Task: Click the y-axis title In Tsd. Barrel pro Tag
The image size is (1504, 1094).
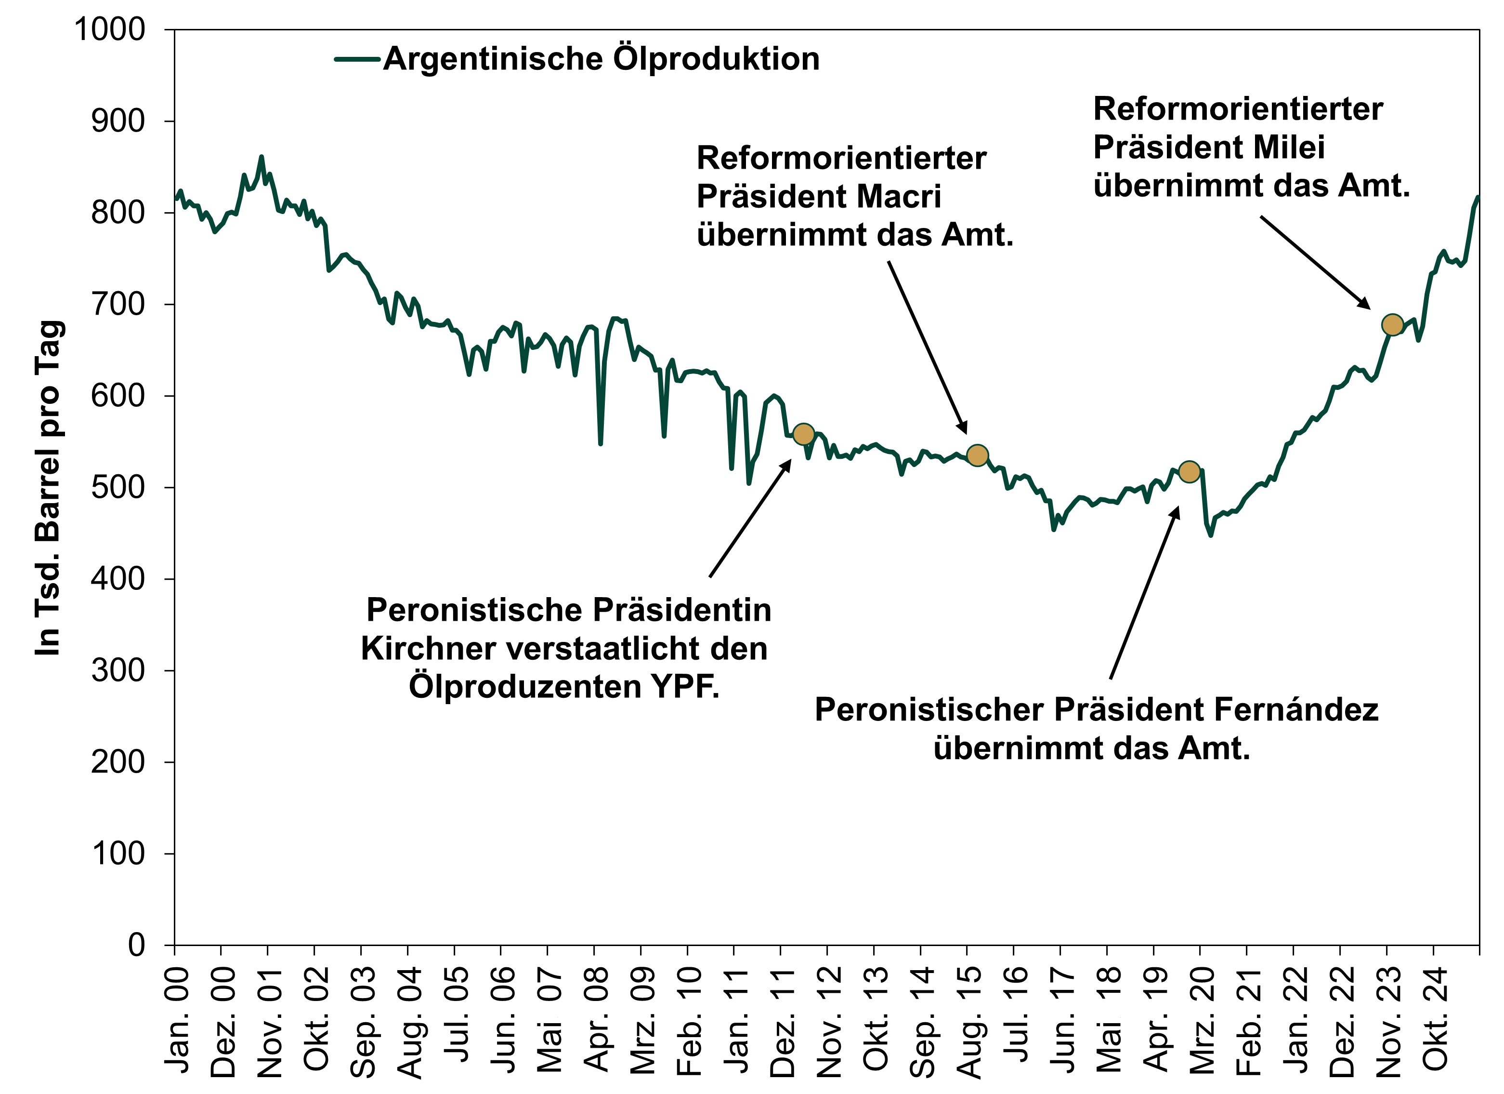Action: point(49,488)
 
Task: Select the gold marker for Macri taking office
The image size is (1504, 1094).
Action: point(978,455)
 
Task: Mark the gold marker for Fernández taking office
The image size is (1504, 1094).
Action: point(1189,472)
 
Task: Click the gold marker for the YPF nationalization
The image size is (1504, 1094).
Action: point(803,434)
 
